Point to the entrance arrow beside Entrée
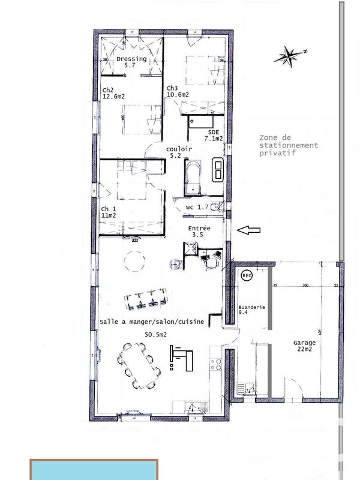[248, 229]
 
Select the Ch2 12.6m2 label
[113, 92]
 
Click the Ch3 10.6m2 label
[178, 91]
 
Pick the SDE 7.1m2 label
[214, 135]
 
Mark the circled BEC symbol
[245, 276]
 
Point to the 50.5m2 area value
[155, 335]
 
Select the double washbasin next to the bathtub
[218, 170]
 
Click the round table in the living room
[134, 260]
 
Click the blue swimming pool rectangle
[94, 470]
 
